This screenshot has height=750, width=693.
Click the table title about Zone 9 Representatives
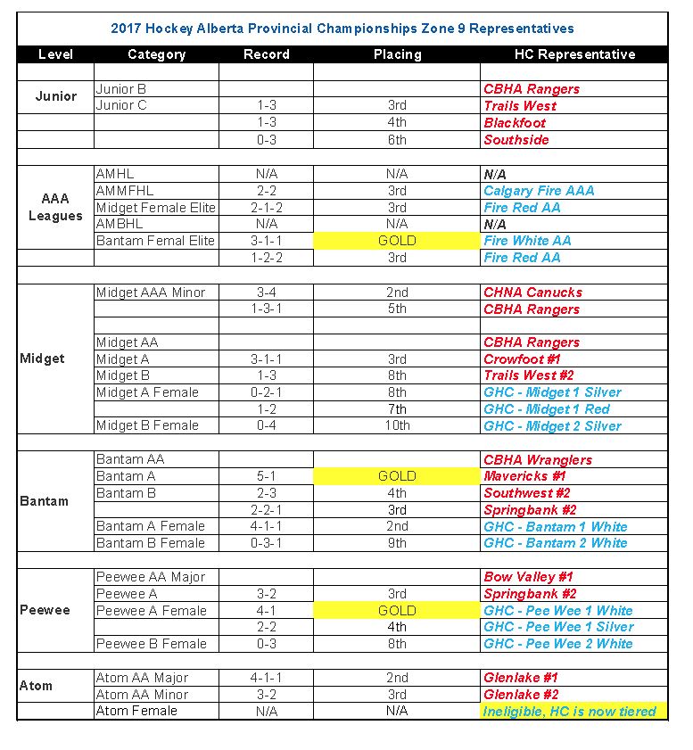point(342,29)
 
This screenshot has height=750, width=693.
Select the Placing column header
point(397,54)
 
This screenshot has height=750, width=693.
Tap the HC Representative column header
point(574,54)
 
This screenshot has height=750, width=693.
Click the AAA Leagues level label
point(55,208)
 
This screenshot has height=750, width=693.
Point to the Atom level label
point(37,686)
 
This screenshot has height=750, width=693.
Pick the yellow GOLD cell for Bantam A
point(397,476)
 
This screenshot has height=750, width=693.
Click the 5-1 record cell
point(266,476)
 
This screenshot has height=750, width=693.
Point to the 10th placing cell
point(397,426)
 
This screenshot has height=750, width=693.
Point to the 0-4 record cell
point(266,426)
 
